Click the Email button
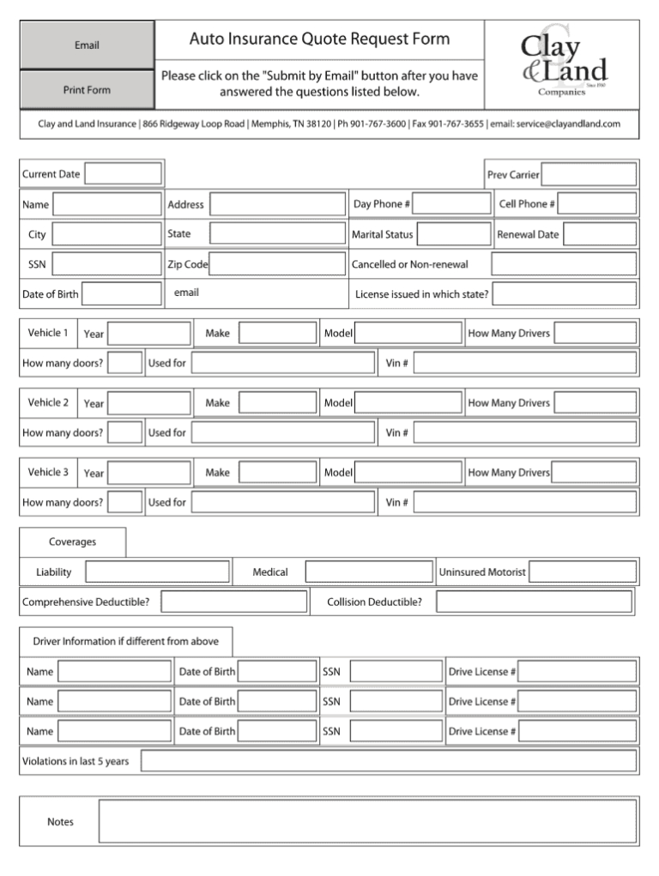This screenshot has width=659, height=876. click(x=87, y=45)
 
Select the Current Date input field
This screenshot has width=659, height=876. click(x=123, y=174)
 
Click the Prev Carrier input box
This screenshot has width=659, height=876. click(x=589, y=175)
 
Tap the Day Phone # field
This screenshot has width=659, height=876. click(x=452, y=204)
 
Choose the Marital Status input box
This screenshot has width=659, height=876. click(x=454, y=234)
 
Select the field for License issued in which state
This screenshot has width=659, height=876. click(x=565, y=294)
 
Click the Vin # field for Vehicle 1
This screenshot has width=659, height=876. click(x=525, y=363)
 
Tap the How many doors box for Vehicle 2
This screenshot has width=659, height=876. click(x=125, y=432)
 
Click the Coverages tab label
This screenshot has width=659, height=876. click(x=73, y=542)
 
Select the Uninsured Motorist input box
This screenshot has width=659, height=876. click(x=583, y=571)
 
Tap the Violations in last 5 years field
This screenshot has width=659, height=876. click(x=389, y=761)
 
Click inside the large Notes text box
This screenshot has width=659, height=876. click(x=368, y=821)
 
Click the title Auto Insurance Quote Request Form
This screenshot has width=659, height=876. click(x=319, y=39)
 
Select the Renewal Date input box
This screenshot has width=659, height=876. click(x=600, y=234)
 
